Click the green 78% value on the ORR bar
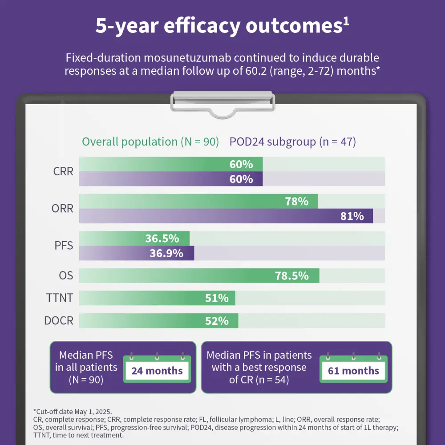296,202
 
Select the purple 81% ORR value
352,216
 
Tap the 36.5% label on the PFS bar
162,239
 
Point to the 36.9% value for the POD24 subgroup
166,253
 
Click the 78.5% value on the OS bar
291,276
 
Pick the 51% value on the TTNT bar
217,298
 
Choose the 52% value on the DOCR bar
217,321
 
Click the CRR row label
63,171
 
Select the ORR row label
63,208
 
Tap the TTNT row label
60,298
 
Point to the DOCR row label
59,320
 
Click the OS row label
66,275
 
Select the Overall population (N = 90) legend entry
150,142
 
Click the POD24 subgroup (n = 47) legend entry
292,142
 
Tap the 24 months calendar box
157,371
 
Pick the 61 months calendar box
353,371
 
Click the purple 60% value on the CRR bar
241,179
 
